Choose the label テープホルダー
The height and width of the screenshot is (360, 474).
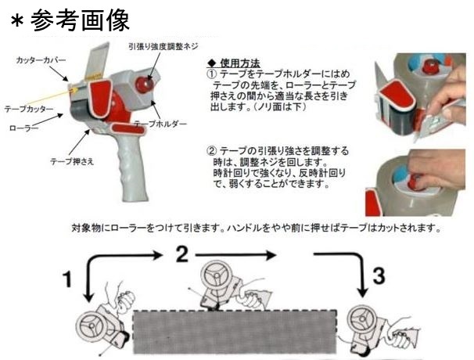tap(160, 124)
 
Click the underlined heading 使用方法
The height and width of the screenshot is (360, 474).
tap(239, 62)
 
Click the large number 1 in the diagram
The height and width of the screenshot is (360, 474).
tap(69, 279)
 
